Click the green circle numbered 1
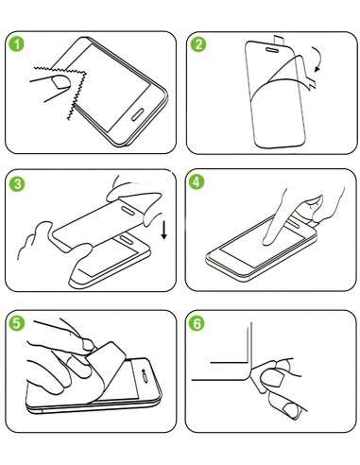(16, 44)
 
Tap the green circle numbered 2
(198, 44)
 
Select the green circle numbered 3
(17, 183)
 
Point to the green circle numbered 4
(197, 182)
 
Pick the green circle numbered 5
(17, 323)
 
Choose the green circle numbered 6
(197, 323)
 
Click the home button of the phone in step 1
(138, 114)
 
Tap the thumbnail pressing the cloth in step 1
(61, 82)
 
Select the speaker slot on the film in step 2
(272, 50)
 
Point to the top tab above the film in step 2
(279, 40)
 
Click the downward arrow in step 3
(163, 230)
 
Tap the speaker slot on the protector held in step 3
(128, 211)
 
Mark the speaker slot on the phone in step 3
(128, 239)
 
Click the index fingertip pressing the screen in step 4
(267, 241)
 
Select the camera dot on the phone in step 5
(144, 370)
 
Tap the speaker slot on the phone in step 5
(146, 378)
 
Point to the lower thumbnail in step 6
(291, 410)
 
